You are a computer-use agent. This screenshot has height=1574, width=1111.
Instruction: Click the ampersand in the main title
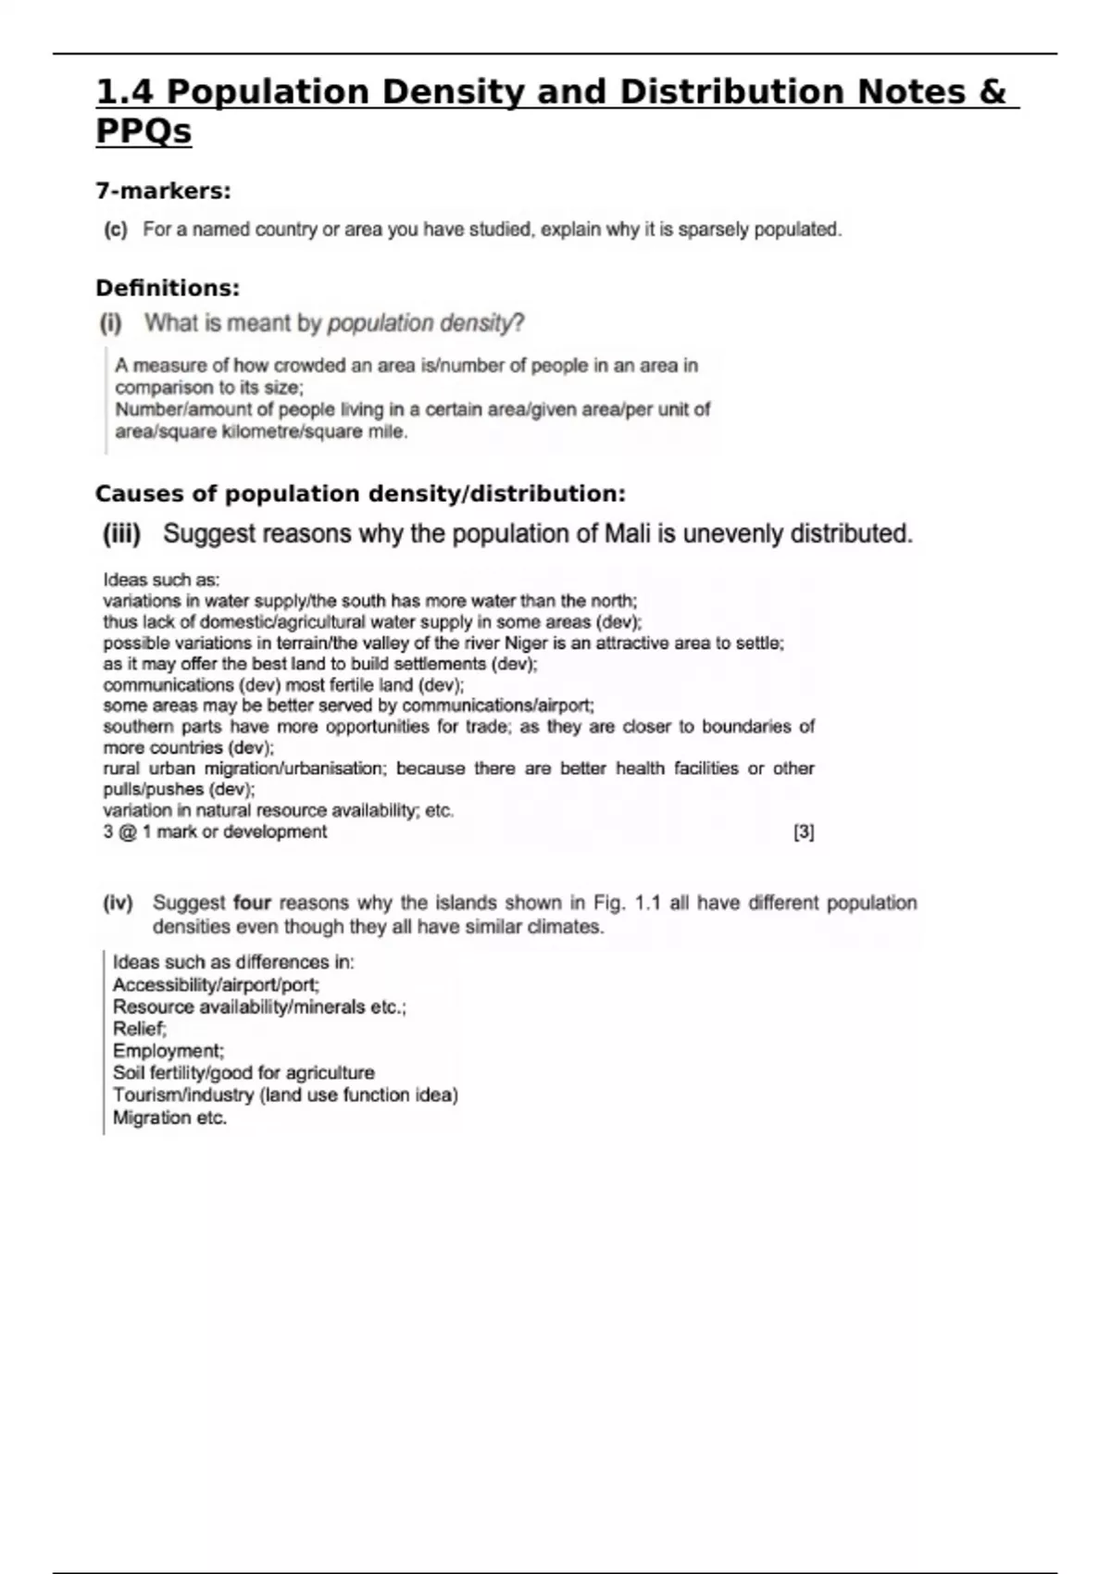point(991,92)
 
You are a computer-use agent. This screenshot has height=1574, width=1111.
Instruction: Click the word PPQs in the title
point(144,131)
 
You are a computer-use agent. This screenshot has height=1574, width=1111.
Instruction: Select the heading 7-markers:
point(163,192)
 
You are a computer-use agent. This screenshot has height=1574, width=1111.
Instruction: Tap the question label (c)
point(116,230)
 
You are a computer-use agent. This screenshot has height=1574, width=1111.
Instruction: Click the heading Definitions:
point(168,288)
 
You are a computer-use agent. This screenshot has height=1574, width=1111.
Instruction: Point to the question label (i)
point(111,323)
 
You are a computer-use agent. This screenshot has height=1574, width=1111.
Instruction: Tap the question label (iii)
point(121,534)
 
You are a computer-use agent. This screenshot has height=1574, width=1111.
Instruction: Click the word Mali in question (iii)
point(628,534)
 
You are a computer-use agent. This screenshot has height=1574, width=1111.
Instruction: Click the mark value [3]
point(804,831)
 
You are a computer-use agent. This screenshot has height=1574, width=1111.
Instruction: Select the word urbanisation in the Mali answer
point(343,768)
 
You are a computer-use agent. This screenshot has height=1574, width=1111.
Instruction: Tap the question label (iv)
point(119,903)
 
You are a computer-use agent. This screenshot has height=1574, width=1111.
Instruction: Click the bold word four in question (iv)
point(252,903)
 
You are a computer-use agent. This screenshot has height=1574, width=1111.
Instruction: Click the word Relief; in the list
point(140,1029)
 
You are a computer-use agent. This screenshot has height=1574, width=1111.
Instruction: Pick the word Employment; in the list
point(169,1051)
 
